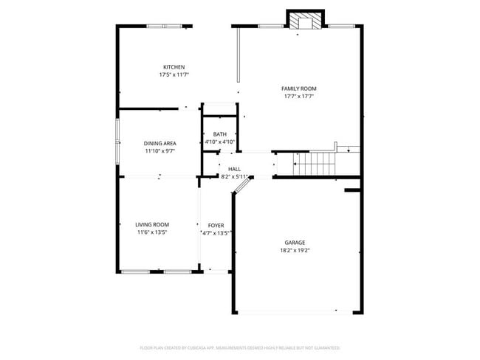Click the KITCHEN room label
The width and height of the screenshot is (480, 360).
point(174,67)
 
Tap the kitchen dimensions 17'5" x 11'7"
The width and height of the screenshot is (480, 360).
point(174,75)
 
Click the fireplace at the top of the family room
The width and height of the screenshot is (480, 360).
point(305,21)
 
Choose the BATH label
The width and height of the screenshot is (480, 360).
point(220,134)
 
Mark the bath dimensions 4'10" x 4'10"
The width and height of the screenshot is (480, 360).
point(220,142)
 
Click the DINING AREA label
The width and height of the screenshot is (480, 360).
point(160,143)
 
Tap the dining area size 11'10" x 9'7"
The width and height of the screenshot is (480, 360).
point(160,151)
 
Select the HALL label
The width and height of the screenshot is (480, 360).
point(234,169)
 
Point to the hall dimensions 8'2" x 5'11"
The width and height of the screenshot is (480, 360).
point(235,177)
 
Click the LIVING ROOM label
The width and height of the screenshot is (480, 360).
point(152,224)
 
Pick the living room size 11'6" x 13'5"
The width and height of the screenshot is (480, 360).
point(152,232)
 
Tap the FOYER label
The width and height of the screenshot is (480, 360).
point(216,225)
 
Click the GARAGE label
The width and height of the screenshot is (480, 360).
point(295,242)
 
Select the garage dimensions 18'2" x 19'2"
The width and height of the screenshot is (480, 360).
point(295,250)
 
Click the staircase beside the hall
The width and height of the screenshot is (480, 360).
point(313,163)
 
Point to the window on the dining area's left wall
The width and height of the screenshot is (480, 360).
point(117,142)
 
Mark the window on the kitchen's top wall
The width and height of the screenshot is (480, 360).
point(165,27)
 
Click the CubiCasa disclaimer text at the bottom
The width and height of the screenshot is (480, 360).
point(240,347)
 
